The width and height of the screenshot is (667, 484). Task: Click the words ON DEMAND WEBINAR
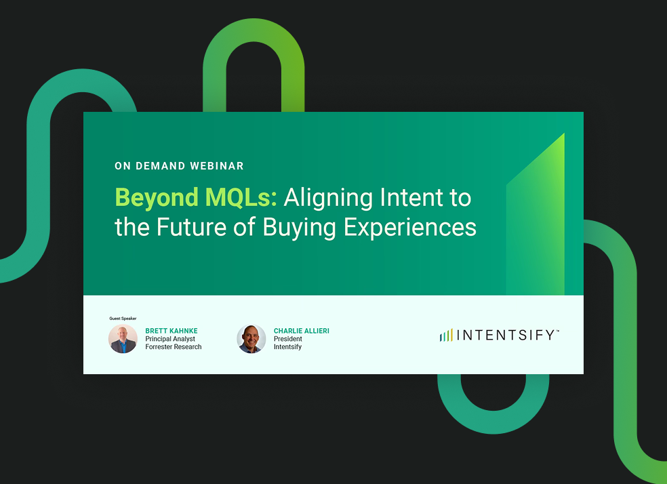(x=179, y=166)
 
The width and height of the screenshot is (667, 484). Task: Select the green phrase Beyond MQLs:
(x=196, y=198)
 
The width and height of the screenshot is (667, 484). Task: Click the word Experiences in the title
(x=410, y=227)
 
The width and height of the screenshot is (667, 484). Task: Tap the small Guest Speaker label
(x=123, y=318)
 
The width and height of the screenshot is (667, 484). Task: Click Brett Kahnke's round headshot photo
(x=123, y=339)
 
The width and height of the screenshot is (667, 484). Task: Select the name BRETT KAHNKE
(x=171, y=331)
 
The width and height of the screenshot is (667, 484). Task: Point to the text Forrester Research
(x=174, y=347)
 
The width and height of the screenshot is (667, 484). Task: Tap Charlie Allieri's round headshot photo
(x=251, y=339)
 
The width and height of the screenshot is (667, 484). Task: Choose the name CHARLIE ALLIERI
(x=301, y=331)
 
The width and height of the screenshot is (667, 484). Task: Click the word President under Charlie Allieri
(x=288, y=339)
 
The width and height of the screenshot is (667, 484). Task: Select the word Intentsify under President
(x=287, y=347)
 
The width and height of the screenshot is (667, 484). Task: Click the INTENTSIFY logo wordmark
(x=506, y=335)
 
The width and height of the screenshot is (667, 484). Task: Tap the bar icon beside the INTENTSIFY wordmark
(x=445, y=335)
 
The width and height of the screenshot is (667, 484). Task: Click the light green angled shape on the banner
(x=539, y=224)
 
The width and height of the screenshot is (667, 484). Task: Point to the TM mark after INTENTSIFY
(x=558, y=331)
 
